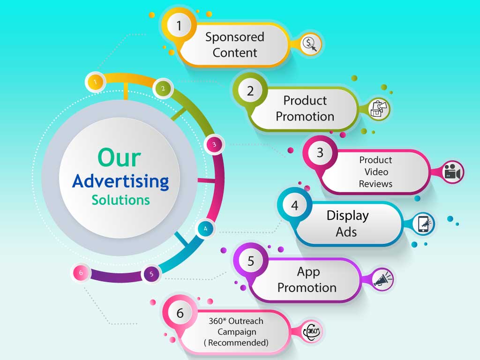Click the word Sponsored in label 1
tap(235, 37)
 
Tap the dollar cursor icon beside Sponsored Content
tap(310, 44)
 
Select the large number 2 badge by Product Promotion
tap(250, 90)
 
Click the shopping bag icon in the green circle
tap(378, 109)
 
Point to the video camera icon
tap(453, 172)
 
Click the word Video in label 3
tap(376, 172)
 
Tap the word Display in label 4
tap(348, 216)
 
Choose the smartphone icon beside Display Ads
tap(424, 224)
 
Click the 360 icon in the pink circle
tap(311, 331)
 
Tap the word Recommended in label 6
tap(238, 343)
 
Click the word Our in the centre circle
tap(120, 157)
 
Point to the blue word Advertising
tap(120, 181)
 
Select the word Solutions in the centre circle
tap(120, 200)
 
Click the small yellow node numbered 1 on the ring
tap(96, 82)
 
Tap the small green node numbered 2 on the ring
tap(163, 89)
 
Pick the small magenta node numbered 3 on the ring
tap(214, 144)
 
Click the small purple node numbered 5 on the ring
tap(151, 274)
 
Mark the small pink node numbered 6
tap(81, 273)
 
